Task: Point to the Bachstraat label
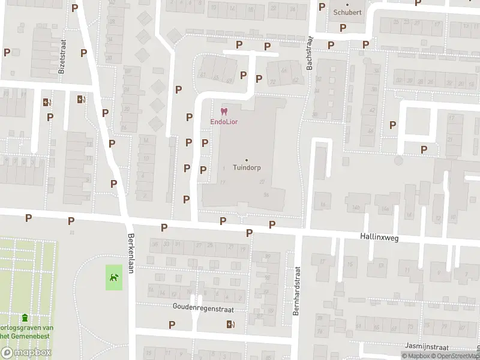point(310,53)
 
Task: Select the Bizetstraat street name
point(62,56)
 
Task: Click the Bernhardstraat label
point(296,292)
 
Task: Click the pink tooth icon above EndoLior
point(224,112)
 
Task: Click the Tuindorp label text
point(246,167)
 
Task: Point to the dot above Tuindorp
point(246,159)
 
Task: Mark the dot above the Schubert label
point(347,5)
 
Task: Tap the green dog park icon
point(114,277)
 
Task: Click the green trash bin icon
point(25,317)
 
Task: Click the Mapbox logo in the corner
point(26,352)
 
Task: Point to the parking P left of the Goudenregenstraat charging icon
point(173,325)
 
